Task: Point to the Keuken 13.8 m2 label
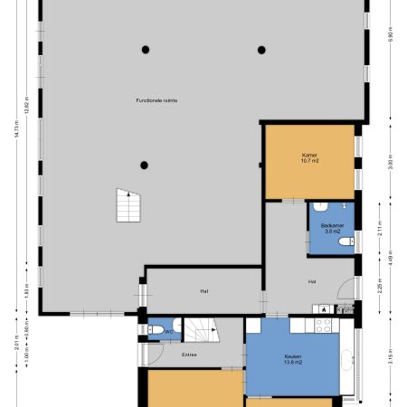click(292, 360)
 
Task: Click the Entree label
click(189, 355)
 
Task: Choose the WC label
click(169, 332)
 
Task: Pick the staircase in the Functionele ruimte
click(128, 204)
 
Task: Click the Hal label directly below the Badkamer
click(312, 281)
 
